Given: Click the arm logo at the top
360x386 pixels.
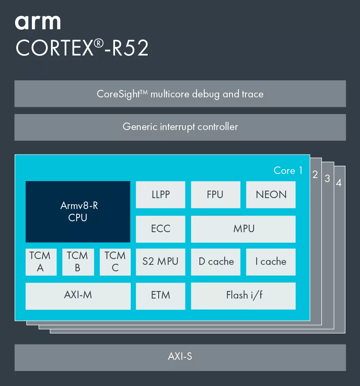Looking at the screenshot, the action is [38, 22].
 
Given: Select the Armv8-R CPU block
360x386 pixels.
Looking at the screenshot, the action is [78, 212].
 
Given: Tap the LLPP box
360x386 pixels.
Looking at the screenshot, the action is [161, 195].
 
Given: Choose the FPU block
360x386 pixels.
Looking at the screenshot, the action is [215, 195].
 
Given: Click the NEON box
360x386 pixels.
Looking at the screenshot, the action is [271, 195].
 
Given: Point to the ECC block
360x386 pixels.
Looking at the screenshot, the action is [161, 229].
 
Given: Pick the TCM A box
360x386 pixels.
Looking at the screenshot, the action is [41, 262].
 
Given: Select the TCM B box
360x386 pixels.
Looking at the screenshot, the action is [78, 262].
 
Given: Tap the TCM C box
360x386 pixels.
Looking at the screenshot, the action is [115, 262].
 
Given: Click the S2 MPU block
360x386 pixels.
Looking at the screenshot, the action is [161, 262].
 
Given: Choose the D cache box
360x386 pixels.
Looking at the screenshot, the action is [215, 262].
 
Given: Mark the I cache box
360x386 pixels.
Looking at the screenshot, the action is [271, 262].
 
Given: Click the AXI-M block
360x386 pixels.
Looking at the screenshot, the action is [78, 296].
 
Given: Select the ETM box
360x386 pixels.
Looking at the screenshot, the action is [161, 296].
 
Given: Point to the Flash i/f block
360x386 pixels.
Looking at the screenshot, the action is [243, 296].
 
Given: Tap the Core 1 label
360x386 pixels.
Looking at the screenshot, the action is [288, 170].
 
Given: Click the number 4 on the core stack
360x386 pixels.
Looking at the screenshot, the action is [339, 183].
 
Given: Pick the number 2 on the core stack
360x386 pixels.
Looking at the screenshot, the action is [315, 174].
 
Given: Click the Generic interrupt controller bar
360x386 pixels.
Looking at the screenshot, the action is [180, 127].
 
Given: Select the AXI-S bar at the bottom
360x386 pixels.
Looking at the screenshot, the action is [180, 357].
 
